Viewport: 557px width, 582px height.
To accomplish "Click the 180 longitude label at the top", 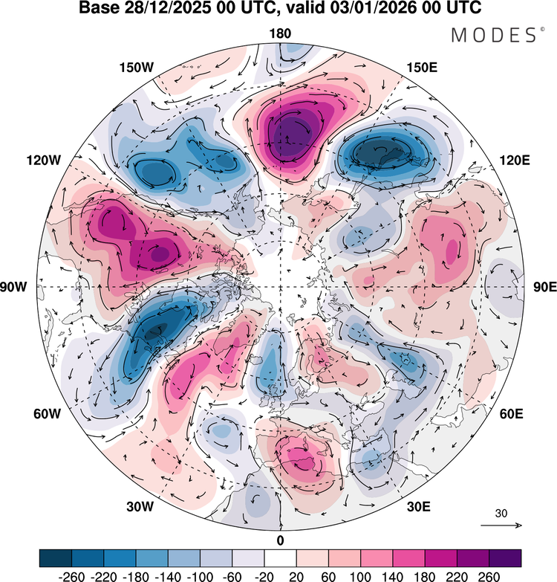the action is point(280,33).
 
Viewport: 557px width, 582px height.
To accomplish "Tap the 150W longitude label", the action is point(136,68).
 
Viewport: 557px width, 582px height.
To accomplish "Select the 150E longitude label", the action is point(422,68).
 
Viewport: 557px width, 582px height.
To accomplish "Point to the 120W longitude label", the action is point(43,161).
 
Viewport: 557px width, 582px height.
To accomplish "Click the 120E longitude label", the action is point(515,161).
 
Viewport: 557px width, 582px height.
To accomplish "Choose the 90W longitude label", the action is point(13,287).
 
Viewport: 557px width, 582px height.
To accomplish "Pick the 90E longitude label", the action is point(545,287).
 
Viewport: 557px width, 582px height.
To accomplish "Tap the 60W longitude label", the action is point(47,414).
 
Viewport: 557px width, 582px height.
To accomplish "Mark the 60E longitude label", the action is point(512,414).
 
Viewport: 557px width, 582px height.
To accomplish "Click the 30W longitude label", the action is point(140,507).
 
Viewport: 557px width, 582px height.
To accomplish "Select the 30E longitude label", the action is point(419,507).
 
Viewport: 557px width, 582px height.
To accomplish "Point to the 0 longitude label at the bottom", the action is point(280,541).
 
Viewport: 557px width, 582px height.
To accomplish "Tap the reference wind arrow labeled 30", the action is point(501,526).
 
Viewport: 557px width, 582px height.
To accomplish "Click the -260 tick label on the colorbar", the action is point(71,577).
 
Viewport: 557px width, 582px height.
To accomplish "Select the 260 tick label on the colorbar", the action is point(489,577).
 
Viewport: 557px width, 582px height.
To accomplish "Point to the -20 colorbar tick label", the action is point(264,577).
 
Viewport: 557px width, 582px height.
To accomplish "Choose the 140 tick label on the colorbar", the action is point(393,577).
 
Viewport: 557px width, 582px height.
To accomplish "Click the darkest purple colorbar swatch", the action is point(505,558).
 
